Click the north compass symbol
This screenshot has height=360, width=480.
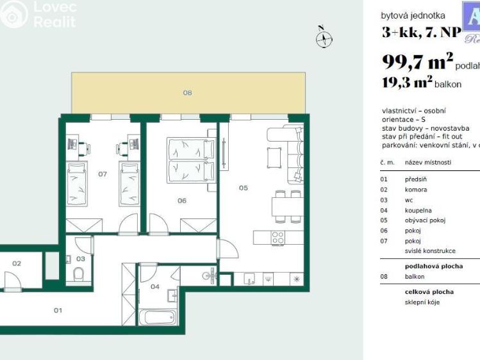tap(324, 38)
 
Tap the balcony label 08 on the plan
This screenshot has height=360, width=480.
tap(187, 93)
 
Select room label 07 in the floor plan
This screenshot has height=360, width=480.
tap(103, 174)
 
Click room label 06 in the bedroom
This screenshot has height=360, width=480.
tap(182, 200)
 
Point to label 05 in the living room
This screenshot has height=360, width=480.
tap(244, 188)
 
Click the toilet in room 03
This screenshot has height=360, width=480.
tap(78, 274)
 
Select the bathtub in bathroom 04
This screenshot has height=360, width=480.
tap(158, 317)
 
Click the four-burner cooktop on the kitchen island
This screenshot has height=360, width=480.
tap(277, 238)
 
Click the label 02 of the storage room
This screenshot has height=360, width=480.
tap(17, 263)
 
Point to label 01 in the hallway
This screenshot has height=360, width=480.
tap(58, 310)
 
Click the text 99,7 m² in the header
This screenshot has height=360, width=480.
tap(417, 62)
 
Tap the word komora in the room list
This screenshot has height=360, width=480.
tap(416, 190)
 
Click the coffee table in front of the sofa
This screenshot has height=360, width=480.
tap(274, 156)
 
